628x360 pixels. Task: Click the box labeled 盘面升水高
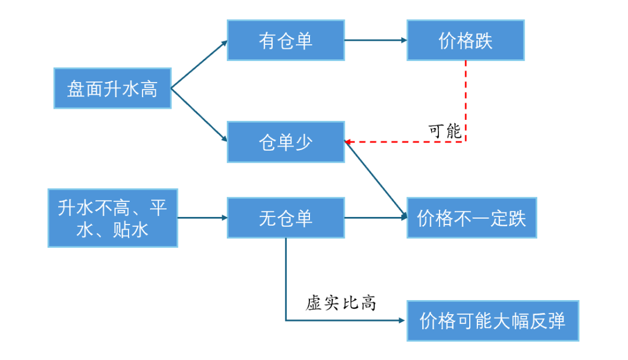tap(112, 88)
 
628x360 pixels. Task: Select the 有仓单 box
tap(286, 40)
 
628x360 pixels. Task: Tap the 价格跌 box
tap(465, 40)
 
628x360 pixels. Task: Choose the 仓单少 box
tap(286, 142)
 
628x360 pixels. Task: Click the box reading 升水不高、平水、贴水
tap(112, 218)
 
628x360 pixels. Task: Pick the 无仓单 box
tap(286, 218)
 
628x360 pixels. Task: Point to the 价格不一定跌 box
tap(472, 218)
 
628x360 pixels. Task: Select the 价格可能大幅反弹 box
tap(493, 320)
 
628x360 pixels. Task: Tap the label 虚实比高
tap(341, 303)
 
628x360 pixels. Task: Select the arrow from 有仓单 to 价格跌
tap(375, 40)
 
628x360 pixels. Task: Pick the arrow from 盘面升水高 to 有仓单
tap(199, 65)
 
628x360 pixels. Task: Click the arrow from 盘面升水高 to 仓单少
tap(199, 115)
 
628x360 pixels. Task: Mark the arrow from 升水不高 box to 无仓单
tap(202, 218)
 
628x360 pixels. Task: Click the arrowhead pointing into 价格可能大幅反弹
tap(401, 320)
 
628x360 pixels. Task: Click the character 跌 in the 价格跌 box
tap(483, 40)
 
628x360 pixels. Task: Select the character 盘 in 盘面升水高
tap(76, 89)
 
